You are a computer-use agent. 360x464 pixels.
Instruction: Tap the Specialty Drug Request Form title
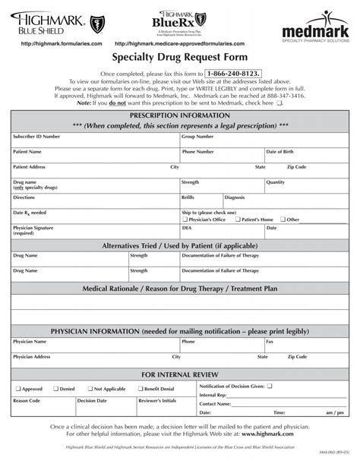(x=179, y=57)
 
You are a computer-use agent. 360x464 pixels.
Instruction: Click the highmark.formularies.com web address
(x=52, y=45)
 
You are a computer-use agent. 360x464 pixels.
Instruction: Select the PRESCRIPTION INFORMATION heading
(x=180, y=113)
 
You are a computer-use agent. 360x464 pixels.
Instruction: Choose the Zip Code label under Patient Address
(x=297, y=166)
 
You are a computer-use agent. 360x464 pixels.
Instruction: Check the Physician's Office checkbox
(x=185, y=219)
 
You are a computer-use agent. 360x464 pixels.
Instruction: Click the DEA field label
(x=185, y=227)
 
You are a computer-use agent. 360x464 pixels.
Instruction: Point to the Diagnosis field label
(x=235, y=197)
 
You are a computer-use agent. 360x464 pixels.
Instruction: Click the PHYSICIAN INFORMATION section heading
(x=180, y=332)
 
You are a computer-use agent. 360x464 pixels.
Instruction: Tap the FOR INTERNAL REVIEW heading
(x=180, y=374)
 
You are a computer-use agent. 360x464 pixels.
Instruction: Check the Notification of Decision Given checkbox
(x=279, y=386)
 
